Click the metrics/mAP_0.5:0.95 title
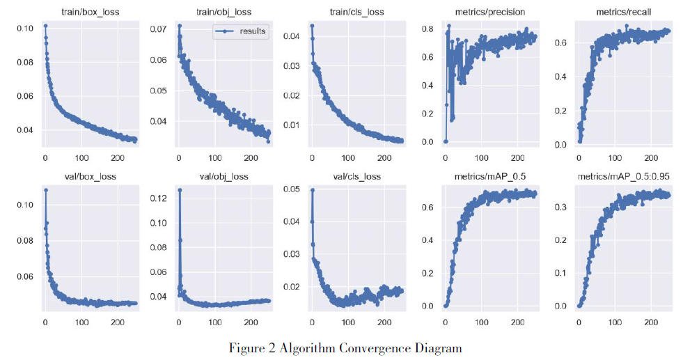tap(623, 176)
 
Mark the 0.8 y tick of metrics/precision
tap(427, 29)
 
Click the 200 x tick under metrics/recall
tap(651, 156)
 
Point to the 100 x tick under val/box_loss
tap(81, 322)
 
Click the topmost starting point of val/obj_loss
tap(180, 189)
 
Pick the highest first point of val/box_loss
tap(46, 189)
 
